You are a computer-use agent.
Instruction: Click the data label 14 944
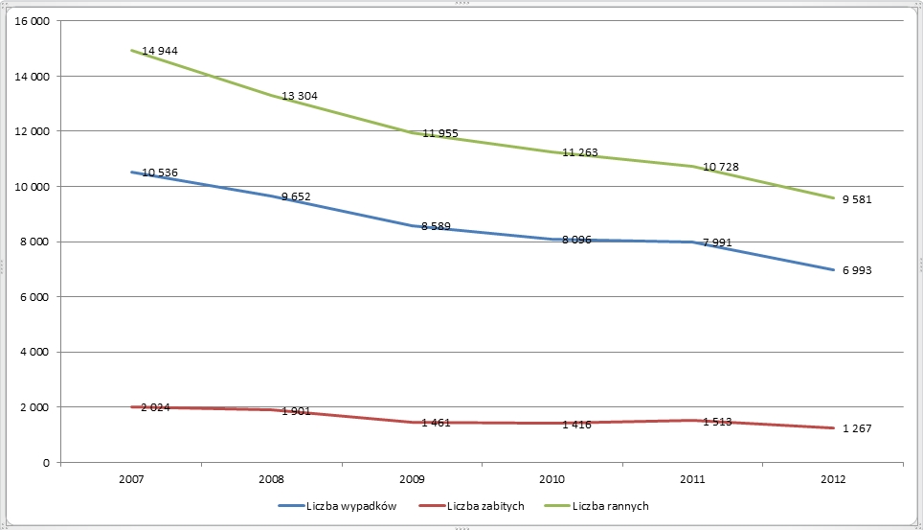tap(160, 51)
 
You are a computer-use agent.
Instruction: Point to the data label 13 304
tap(300, 96)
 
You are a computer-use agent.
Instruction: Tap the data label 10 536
tap(160, 173)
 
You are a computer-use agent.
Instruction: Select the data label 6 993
tap(857, 271)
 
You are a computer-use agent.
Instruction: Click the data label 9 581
tap(857, 199)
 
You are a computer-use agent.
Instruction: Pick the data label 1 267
tap(857, 430)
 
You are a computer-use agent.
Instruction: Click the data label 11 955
tap(440, 133)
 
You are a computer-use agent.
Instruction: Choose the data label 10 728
tap(721, 168)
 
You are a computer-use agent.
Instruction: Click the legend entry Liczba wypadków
tap(346, 505)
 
